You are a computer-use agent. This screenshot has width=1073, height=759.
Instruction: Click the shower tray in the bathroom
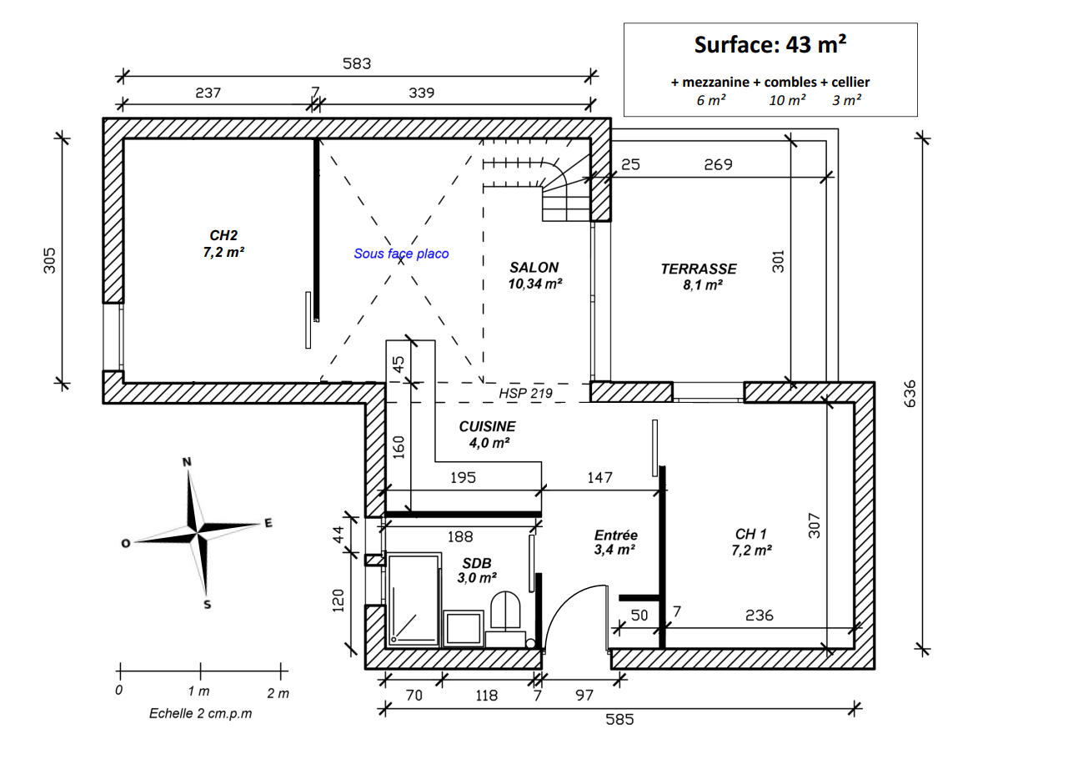pyautogui.click(x=414, y=600)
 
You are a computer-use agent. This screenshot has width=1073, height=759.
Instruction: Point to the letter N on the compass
pyautogui.click(x=187, y=462)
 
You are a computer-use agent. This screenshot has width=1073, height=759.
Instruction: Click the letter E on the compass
pyautogui.click(x=268, y=523)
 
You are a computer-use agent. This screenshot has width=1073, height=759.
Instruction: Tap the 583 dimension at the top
pyautogui.click(x=357, y=63)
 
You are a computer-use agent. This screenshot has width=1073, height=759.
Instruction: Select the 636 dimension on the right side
pyautogui.click(x=910, y=394)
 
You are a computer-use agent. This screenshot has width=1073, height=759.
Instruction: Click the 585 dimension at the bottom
pyautogui.click(x=619, y=719)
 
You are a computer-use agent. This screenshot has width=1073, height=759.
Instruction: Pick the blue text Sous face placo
pyautogui.click(x=401, y=254)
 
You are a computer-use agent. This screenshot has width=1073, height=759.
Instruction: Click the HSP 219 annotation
pyautogui.click(x=525, y=394)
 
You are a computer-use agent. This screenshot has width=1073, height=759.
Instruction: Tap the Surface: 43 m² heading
pyautogui.click(x=770, y=44)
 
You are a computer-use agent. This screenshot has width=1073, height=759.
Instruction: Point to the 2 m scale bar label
pyautogui.click(x=278, y=693)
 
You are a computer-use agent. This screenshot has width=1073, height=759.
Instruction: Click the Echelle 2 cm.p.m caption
pyautogui.click(x=200, y=713)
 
